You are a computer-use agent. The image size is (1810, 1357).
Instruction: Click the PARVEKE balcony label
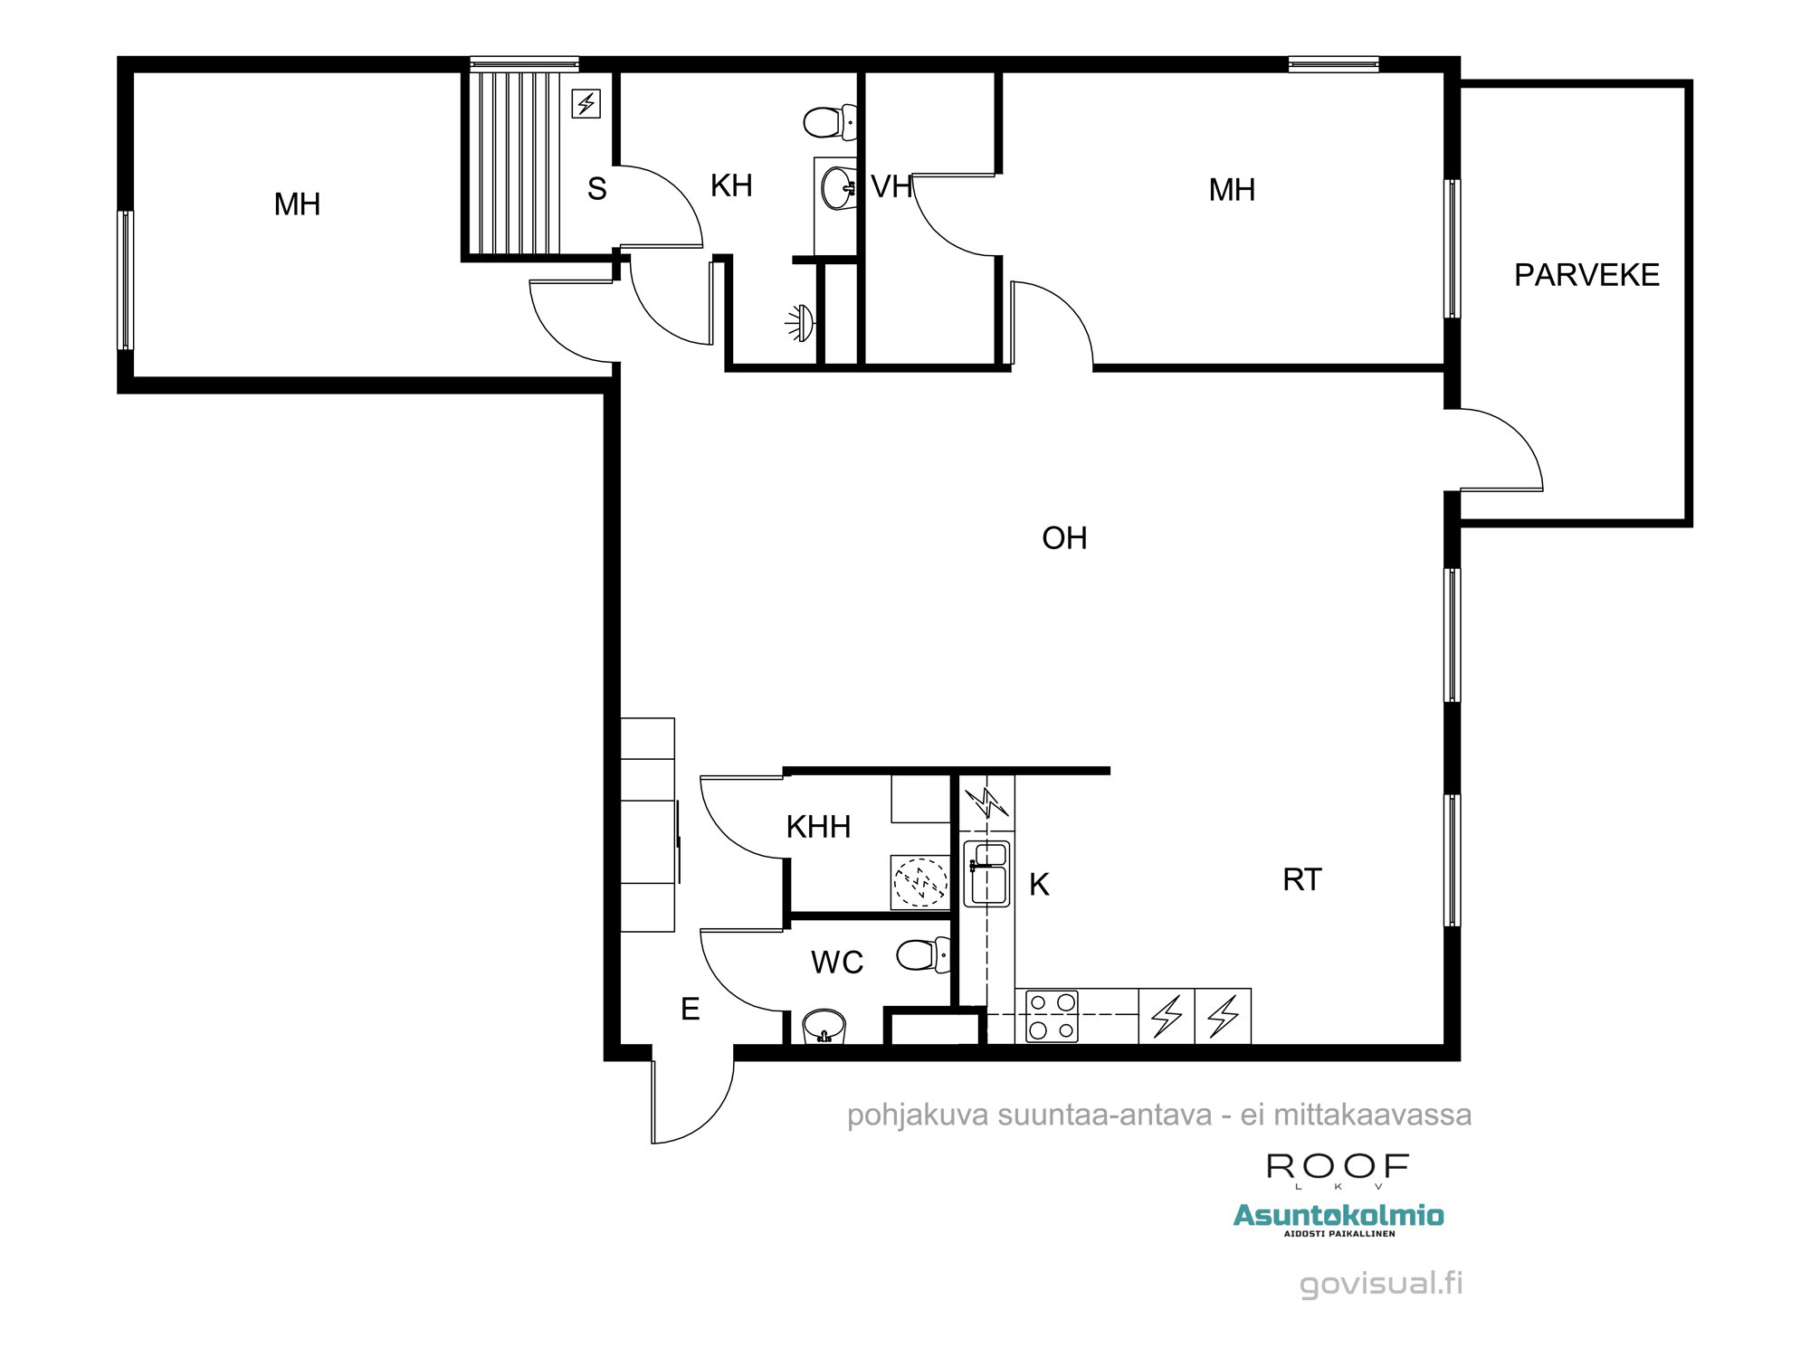point(1586,275)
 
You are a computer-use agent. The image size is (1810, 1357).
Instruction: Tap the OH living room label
point(1064,538)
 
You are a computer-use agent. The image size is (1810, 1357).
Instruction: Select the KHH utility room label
point(818,827)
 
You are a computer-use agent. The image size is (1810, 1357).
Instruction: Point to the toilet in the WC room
point(922,955)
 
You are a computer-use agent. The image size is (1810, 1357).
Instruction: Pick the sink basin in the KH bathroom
point(838,188)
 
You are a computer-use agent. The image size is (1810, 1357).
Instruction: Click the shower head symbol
point(801,323)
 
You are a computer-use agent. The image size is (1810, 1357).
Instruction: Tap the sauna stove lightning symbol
point(586,104)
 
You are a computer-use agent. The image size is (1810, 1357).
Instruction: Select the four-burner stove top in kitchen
point(1052,1016)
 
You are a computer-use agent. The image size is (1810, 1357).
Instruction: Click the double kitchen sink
point(986,873)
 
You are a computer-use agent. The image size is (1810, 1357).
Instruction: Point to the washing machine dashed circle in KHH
point(920,881)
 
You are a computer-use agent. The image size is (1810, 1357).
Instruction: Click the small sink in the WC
point(824,1027)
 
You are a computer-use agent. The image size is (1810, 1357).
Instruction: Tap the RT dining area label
point(1301,879)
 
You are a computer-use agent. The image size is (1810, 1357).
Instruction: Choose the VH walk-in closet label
point(891,187)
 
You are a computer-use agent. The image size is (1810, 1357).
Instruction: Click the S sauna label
point(596,189)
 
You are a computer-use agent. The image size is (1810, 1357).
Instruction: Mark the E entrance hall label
point(690,1009)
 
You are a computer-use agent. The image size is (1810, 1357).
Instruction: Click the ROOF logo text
point(1338,1167)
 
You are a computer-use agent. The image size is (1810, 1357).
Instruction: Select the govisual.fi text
point(1380,1283)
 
